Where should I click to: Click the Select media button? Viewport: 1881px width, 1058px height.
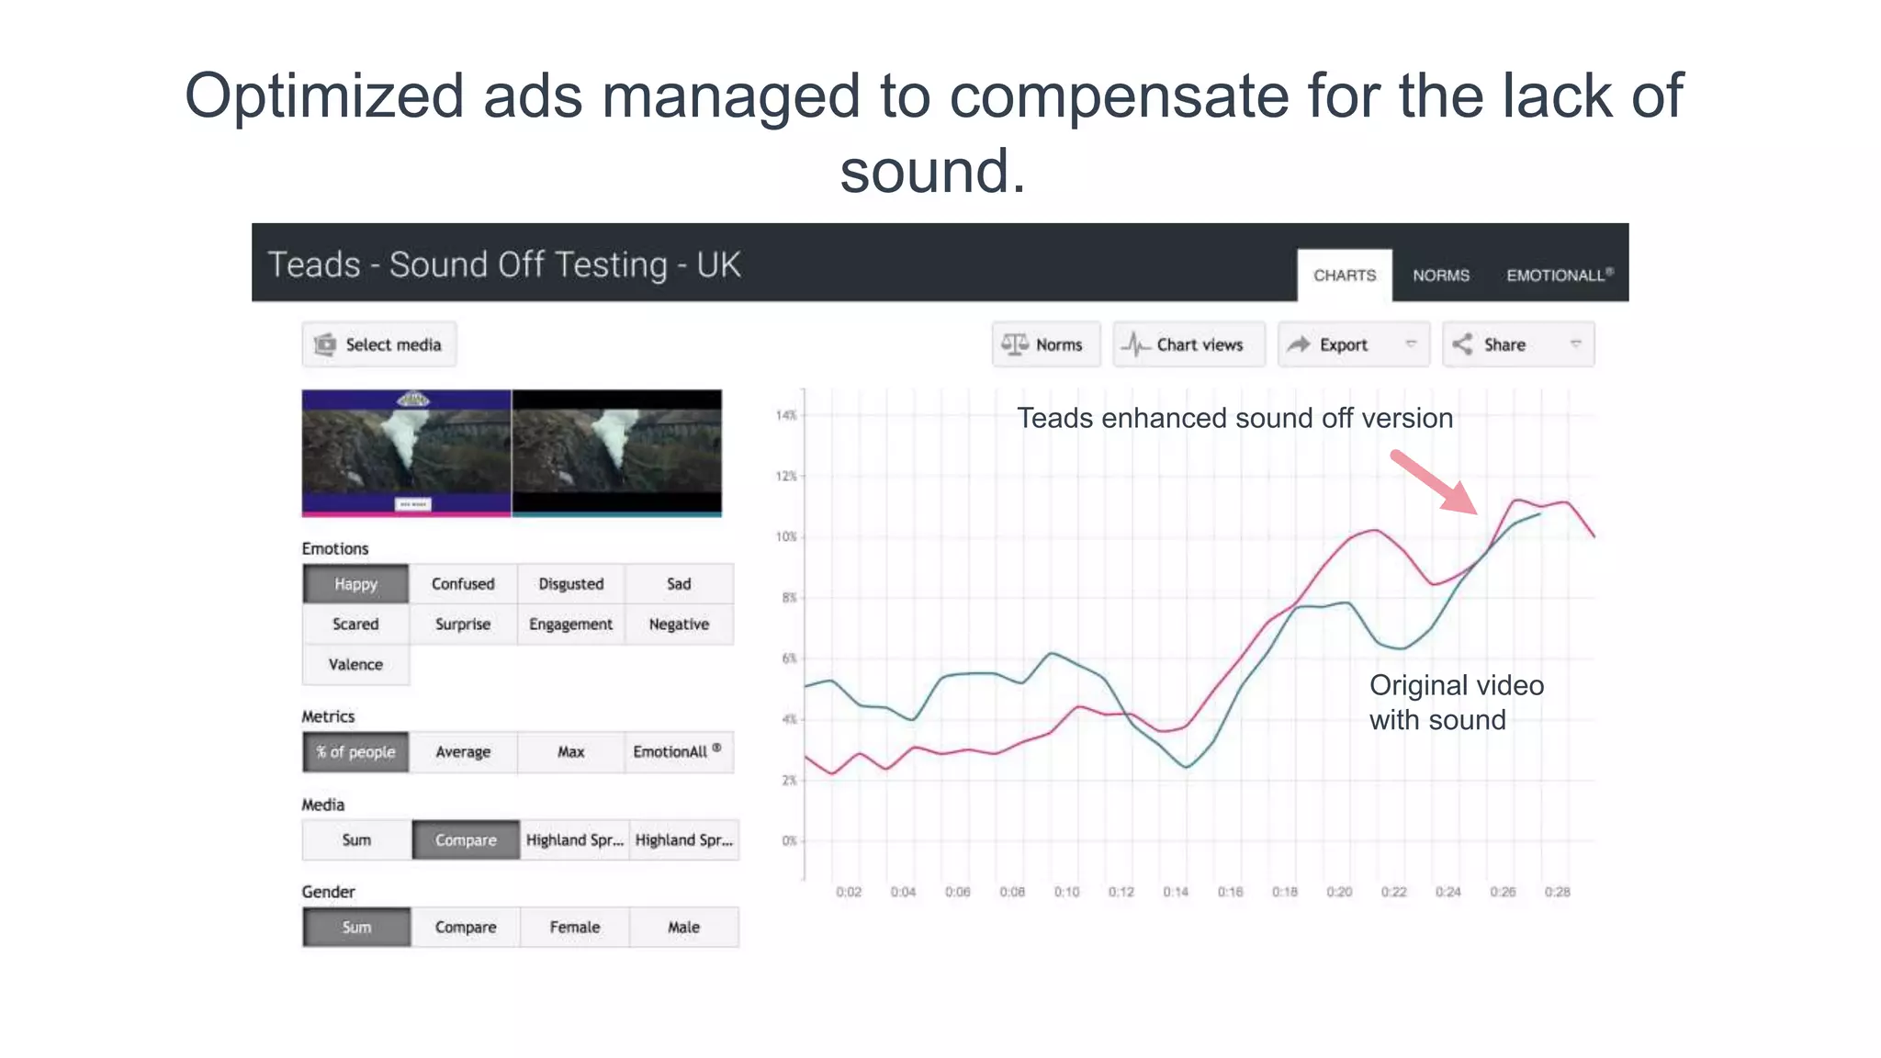pos(378,344)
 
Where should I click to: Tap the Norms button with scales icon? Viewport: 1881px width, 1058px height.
pos(1045,344)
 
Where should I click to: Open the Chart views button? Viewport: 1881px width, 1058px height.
pos(1188,344)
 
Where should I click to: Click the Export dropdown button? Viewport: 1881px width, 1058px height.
pos(1353,344)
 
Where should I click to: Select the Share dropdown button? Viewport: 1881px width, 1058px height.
pos(1517,344)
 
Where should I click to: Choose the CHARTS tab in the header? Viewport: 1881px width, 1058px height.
pos(1344,275)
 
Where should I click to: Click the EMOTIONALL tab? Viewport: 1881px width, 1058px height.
pos(1559,275)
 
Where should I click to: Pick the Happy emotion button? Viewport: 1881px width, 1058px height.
pos(355,584)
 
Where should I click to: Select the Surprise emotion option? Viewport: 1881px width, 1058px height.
pos(463,624)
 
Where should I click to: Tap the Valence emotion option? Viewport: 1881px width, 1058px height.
pos(355,664)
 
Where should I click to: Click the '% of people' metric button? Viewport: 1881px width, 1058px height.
pos(355,751)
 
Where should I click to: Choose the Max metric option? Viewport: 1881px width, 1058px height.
pos(570,751)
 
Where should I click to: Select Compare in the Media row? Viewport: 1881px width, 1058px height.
pos(466,839)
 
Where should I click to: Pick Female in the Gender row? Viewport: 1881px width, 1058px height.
pos(575,927)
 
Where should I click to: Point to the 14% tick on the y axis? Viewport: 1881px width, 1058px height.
pos(786,415)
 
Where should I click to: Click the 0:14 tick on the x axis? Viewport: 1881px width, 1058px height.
pos(1176,892)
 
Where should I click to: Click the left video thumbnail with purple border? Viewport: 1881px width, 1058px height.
pos(406,453)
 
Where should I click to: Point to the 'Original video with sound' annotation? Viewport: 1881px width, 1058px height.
pos(1456,703)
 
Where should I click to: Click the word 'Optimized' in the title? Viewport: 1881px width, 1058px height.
pos(324,96)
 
